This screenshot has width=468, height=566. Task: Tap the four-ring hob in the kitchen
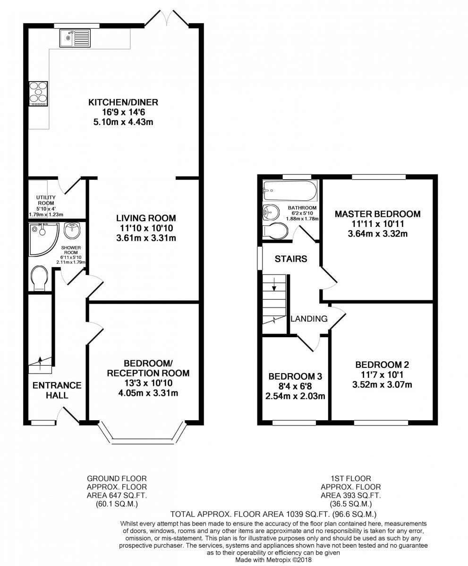(x=38, y=92)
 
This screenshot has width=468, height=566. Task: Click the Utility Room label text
(x=46, y=200)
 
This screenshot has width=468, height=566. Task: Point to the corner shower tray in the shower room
(x=42, y=239)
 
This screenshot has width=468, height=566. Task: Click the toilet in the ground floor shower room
(x=40, y=279)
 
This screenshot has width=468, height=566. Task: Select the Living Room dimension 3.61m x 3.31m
(x=146, y=238)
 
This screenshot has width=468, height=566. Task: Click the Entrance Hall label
(x=57, y=390)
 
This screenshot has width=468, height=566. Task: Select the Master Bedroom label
(x=377, y=214)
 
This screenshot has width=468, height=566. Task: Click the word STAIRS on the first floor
(x=291, y=259)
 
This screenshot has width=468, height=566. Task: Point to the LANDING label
(x=309, y=319)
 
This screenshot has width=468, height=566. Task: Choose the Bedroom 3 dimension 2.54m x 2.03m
(x=295, y=396)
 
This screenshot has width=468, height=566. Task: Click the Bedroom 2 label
(x=382, y=365)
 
